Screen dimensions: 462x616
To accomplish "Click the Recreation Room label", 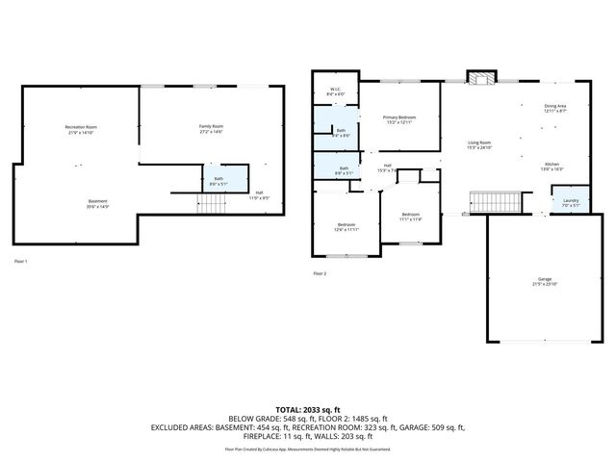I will (81, 130).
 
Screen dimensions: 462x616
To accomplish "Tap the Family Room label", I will (211, 129).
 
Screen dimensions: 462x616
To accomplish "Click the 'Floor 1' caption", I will (20, 261).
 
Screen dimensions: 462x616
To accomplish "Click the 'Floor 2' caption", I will (320, 273).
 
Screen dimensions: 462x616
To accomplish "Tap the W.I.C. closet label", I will (335, 92).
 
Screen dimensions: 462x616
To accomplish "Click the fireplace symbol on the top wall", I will (478, 78).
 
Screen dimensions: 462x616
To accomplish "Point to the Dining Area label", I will (555, 109).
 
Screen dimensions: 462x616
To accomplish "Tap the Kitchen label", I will (552, 167).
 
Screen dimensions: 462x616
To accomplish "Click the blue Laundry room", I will (557, 203).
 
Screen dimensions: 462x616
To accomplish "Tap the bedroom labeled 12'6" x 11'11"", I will (345, 228).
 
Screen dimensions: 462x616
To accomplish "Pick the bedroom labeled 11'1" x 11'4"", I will (410, 217).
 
